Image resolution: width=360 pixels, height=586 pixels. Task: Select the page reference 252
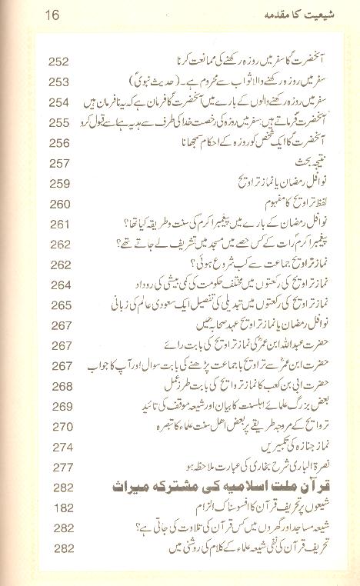click(x=58, y=62)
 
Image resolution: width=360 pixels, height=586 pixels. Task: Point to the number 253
click(x=58, y=82)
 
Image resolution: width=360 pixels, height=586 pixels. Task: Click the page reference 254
click(x=58, y=102)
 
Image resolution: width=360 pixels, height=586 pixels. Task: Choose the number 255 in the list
click(x=58, y=122)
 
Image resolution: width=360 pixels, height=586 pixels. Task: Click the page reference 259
click(x=58, y=183)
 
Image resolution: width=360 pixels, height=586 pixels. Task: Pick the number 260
click(x=58, y=203)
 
